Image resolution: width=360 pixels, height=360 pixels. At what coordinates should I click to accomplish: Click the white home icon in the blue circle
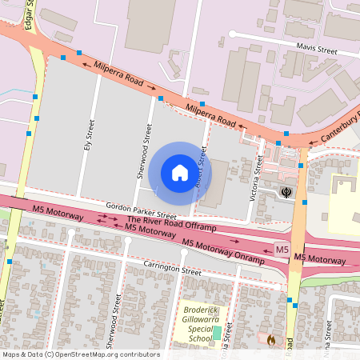tap(180, 172)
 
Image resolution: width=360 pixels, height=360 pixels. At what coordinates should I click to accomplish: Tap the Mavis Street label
tap(316, 50)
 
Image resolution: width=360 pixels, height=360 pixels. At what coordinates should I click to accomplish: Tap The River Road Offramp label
tap(171, 222)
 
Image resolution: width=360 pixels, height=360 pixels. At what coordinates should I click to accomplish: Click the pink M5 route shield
tap(282, 250)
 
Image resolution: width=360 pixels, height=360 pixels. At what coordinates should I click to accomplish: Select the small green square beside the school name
tap(217, 331)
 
